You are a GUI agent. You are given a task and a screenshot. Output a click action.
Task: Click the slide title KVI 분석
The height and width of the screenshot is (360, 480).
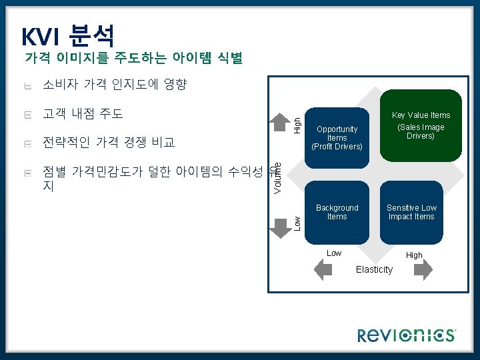pyautogui.click(x=68, y=35)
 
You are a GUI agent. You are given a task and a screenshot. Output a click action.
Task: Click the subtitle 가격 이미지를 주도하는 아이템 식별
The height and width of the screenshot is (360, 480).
pyautogui.click(x=133, y=59)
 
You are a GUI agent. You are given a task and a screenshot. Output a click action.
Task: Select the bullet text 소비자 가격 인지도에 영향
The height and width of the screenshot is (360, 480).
pyautogui.click(x=115, y=85)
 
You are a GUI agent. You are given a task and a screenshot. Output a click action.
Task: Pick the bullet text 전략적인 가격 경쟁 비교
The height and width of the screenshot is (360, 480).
pyautogui.click(x=108, y=142)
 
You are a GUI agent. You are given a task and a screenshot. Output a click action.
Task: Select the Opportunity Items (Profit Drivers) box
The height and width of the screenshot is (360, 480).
pyautogui.click(x=337, y=137)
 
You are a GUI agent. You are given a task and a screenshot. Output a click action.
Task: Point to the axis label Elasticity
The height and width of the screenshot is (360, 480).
pyautogui.click(x=374, y=269)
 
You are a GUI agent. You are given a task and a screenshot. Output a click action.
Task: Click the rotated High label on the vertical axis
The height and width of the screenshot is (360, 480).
pyautogui.click(x=298, y=123)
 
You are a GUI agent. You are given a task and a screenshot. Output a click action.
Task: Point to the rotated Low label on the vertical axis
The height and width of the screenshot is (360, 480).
pyautogui.click(x=298, y=223)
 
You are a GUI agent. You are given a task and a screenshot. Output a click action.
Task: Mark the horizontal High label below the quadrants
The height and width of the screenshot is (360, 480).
pyautogui.click(x=414, y=255)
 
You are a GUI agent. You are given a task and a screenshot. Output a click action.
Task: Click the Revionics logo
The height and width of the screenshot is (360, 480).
pyautogui.click(x=407, y=335)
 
